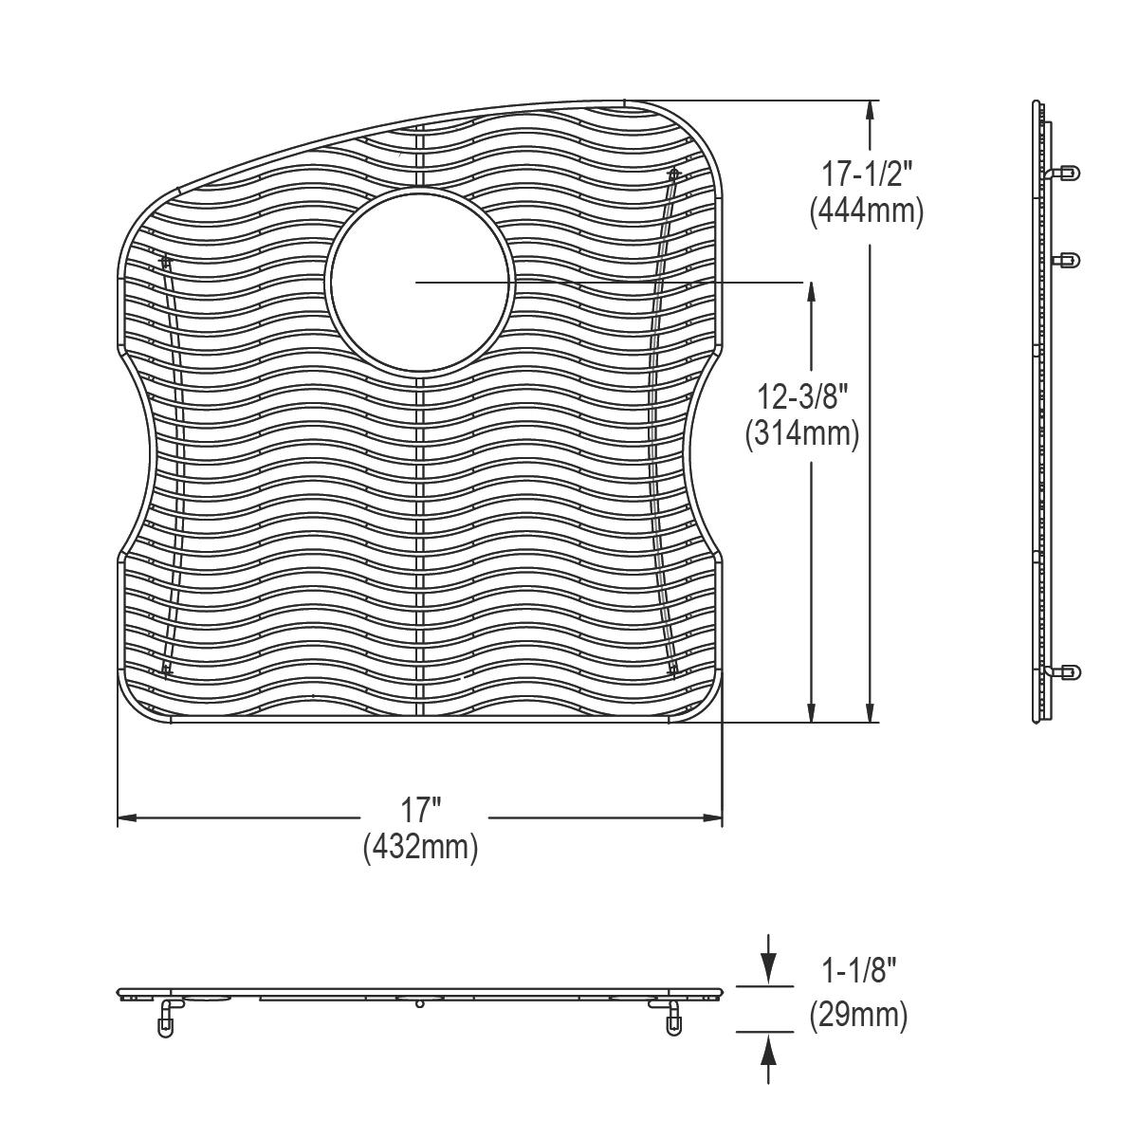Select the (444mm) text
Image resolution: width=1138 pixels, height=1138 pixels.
pyautogui.click(x=866, y=211)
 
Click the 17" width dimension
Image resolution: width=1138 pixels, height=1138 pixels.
pyautogui.click(x=420, y=811)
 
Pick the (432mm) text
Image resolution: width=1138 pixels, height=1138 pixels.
pyautogui.click(x=420, y=847)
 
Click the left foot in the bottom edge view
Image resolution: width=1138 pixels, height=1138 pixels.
pyautogui.click(x=167, y=1020)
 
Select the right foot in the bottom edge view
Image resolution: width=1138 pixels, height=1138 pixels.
pyautogui.click(x=672, y=1020)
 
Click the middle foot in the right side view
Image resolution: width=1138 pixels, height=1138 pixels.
pyautogui.click(x=1066, y=259)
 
